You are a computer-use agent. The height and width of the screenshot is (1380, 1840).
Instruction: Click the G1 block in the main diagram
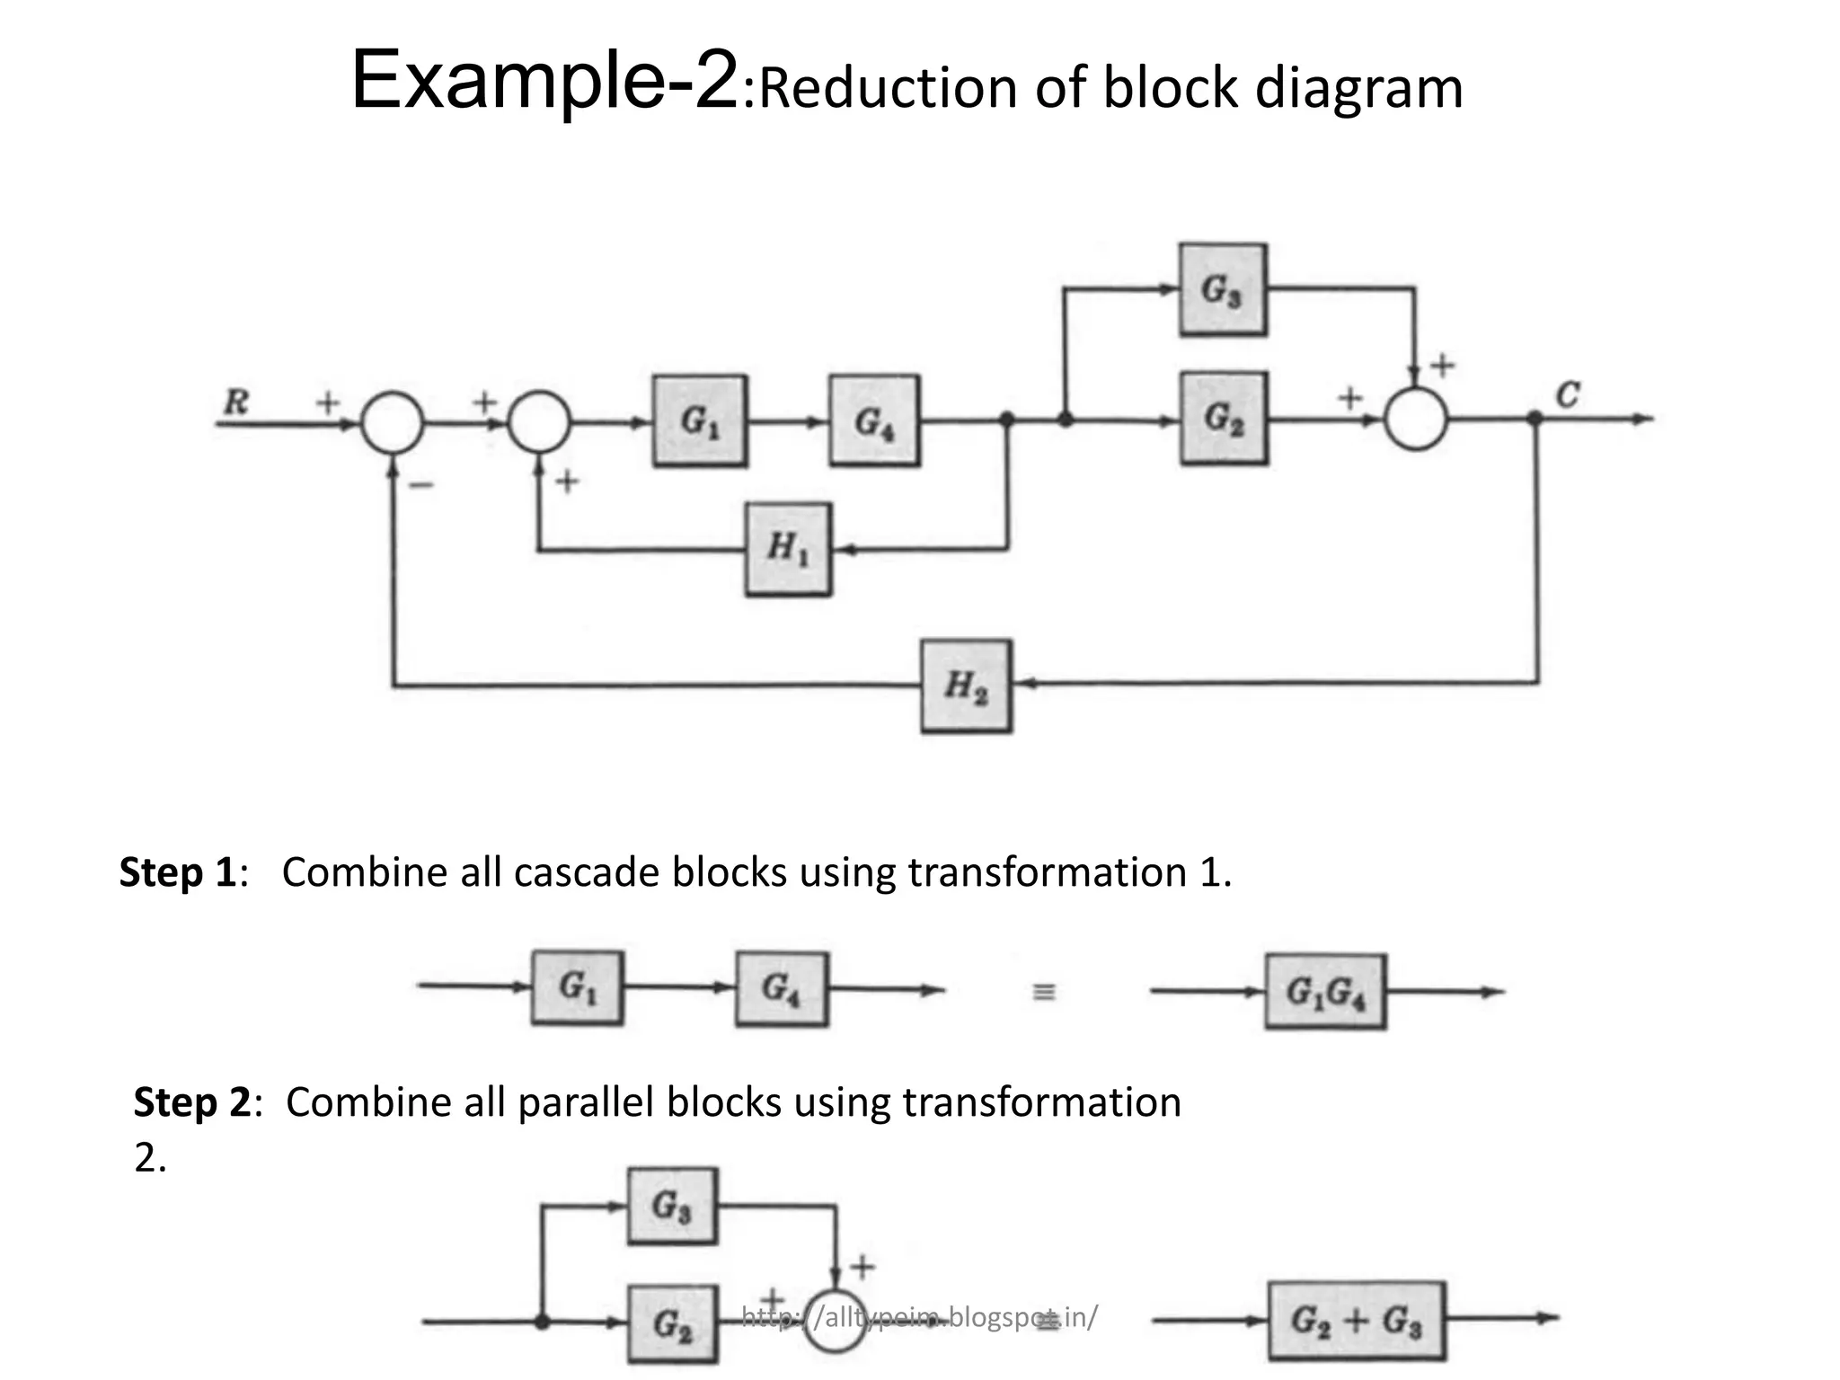point(699,420)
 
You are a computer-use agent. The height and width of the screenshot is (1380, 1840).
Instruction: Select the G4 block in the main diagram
point(873,420)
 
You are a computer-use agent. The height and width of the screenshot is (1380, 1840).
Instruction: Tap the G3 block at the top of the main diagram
point(1222,289)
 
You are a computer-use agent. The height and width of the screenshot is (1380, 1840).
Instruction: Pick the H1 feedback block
point(788,548)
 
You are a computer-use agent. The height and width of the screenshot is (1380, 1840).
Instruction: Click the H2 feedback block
point(966,686)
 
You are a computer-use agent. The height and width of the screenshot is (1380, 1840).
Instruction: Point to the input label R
point(235,402)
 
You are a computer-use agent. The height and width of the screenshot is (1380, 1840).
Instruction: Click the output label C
point(1567,394)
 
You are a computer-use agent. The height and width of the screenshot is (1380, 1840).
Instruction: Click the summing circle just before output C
point(1415,419)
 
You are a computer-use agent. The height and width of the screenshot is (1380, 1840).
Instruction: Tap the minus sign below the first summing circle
point(420,485)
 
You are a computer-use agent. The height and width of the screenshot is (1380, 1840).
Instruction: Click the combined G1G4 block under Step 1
point(1325,992)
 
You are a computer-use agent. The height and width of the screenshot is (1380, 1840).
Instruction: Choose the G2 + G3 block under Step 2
point(1356,1320)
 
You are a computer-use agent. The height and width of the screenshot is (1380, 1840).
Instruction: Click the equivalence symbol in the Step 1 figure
point(1043,992)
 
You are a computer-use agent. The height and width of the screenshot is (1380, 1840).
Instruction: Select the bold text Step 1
point(177,872)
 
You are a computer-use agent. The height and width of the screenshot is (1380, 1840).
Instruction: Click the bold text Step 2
point(192,1102)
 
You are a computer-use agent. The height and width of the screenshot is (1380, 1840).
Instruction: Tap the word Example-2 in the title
point(544,83)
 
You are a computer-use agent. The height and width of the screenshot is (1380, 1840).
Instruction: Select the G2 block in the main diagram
point(1223,419)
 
